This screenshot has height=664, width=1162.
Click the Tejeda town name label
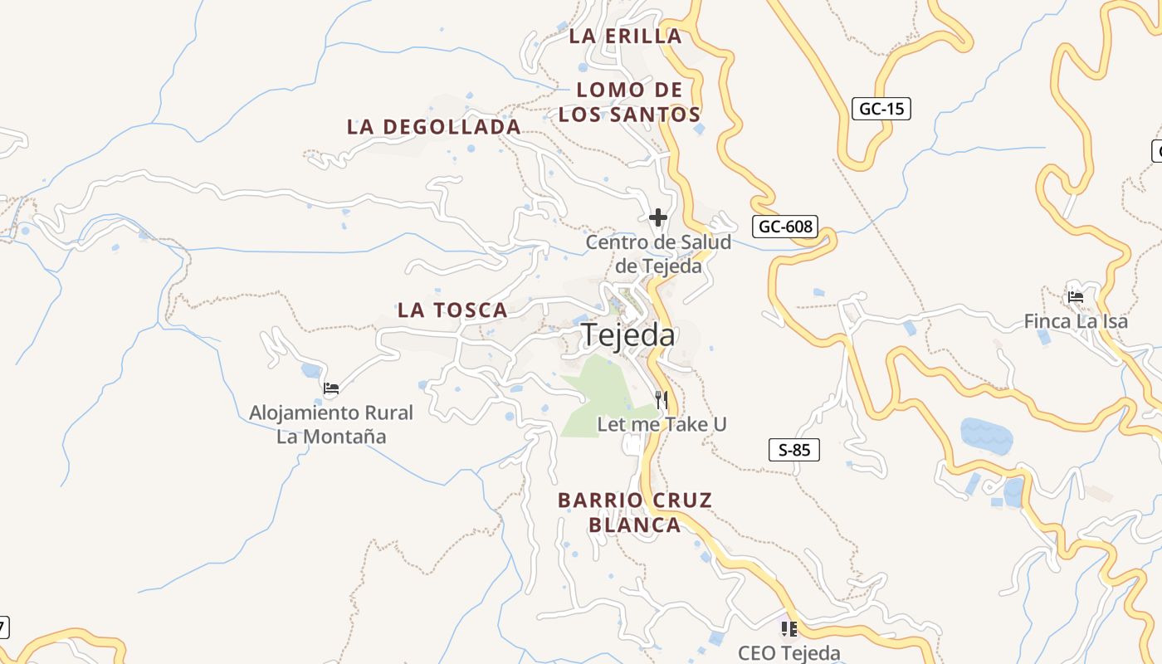628,334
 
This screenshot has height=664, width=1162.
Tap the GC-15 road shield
881,109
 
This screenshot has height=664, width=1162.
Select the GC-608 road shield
785,227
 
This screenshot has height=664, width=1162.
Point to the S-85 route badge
794,451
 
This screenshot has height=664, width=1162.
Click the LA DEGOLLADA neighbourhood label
434,127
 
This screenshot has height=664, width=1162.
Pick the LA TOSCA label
452,310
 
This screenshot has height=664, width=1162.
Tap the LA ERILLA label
626,37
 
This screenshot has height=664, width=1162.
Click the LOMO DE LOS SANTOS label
629,102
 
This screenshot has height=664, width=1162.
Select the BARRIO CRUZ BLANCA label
635,512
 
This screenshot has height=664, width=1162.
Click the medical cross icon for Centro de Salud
658,217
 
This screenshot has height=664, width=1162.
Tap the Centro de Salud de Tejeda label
658,254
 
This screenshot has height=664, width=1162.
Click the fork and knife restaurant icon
662,400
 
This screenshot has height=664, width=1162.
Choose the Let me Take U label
662,424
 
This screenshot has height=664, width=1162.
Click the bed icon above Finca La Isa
1076,296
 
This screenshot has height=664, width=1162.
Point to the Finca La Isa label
1076,320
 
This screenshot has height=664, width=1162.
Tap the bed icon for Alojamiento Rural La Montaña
331,388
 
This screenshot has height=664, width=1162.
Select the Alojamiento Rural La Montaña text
331,424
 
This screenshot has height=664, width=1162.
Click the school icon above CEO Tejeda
788,628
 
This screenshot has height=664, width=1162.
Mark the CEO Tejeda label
788,652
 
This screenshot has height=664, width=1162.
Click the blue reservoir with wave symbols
986,434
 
